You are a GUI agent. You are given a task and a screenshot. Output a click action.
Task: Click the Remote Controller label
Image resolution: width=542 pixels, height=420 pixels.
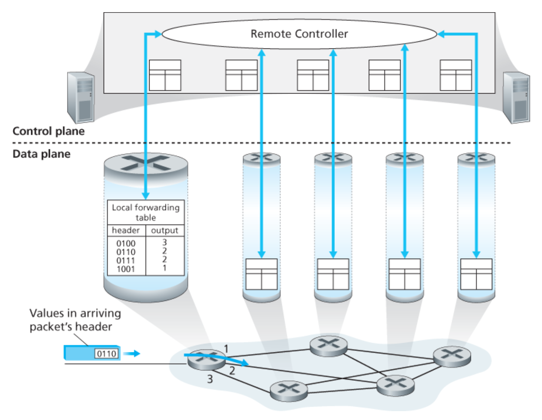(299, 34)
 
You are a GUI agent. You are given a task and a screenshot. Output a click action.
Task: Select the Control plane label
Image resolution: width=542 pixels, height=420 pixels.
(48, 131)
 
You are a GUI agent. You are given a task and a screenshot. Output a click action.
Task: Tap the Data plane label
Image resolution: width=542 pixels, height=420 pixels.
(41, 154)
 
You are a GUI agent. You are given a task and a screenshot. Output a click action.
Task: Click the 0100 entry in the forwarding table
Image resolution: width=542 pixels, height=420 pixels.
(126, 243)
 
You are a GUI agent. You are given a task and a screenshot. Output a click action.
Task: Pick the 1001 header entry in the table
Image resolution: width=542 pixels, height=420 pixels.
(126, 269)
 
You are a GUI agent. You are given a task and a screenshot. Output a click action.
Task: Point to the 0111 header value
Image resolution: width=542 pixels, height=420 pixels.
(126, 261)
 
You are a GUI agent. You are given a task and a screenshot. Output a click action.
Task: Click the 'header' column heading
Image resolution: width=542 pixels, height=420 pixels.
(126, 230)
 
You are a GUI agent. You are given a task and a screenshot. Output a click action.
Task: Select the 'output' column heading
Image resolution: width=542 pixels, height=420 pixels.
(165, 230)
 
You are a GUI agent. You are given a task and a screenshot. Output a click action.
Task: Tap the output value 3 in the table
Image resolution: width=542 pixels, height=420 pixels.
(165, 243)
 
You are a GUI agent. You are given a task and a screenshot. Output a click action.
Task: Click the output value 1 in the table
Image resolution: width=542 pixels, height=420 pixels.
(165, 268)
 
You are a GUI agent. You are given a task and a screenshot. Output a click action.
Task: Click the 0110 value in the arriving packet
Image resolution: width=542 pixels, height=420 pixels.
(107, 354)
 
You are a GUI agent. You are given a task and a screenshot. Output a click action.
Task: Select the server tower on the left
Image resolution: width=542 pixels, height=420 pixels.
(81, 97)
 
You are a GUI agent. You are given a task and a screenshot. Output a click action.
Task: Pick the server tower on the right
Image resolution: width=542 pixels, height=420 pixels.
(516, 97)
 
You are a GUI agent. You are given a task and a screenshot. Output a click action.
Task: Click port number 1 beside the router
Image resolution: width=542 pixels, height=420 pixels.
(226, 348)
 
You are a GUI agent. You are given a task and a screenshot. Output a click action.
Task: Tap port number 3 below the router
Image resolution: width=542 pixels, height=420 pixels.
(210, 379)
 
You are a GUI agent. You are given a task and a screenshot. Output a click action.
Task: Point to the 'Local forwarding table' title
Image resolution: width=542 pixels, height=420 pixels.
(146, 212)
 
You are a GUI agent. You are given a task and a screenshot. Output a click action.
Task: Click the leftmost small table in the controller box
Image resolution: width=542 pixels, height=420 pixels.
(165, 75)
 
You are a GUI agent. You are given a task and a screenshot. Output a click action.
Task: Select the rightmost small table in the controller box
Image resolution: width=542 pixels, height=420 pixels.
(456, 75)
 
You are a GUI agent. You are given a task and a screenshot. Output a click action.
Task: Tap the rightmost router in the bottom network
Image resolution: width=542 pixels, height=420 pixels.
(452, 356)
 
